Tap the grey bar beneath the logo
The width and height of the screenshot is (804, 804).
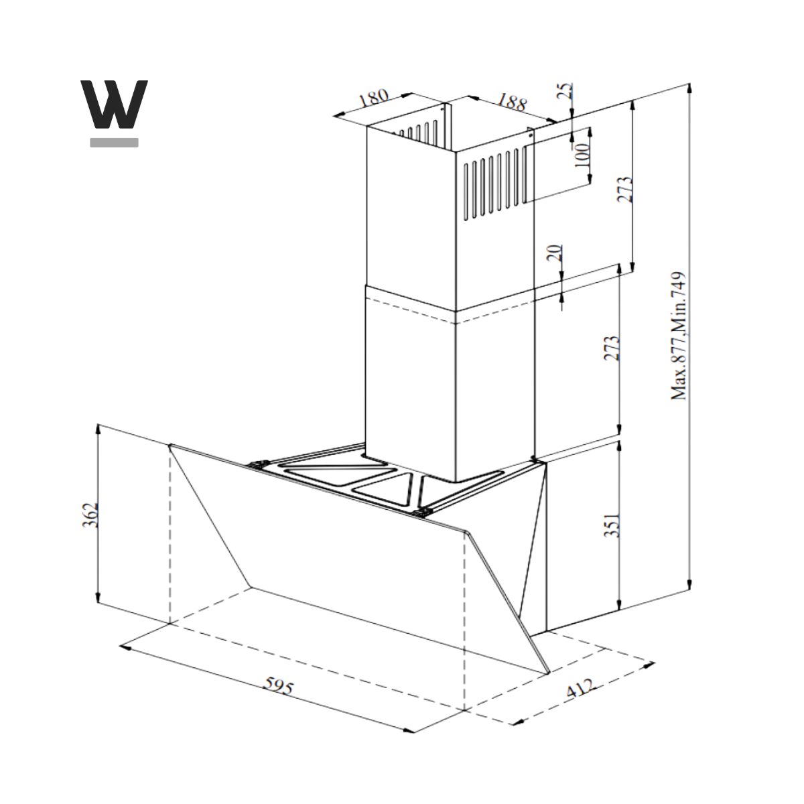114,142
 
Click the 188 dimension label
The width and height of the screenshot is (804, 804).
512,103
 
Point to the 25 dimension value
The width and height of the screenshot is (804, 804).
565,91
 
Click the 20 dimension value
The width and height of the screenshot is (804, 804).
555,253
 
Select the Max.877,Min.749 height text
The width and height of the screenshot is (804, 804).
679,336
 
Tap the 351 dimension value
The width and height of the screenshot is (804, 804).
612,525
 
